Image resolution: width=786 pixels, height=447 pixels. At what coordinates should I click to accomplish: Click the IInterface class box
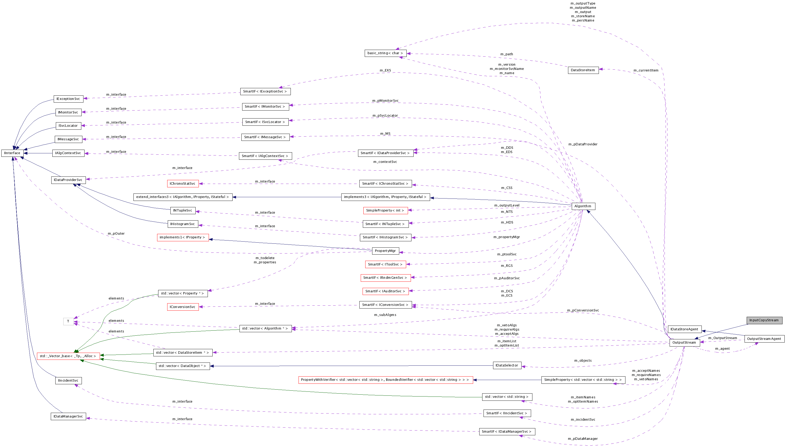[12, 153]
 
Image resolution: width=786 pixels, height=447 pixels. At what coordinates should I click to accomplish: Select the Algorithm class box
[583, 206]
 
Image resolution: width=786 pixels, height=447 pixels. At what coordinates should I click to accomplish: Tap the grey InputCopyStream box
[764, 320]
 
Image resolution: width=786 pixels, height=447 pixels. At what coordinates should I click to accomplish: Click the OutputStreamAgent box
[764, 339]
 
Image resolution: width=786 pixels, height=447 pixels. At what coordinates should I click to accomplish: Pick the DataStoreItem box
[583, 70]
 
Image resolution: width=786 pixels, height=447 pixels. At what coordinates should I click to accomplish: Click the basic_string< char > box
[385, 53]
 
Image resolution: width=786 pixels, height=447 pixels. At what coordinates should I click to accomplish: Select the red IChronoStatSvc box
[182, 184]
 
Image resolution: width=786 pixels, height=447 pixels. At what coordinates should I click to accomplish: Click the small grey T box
[68, 322]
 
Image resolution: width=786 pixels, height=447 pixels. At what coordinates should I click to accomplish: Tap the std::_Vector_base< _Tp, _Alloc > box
[68, 356]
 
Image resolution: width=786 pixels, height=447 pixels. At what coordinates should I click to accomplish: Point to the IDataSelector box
[507, 365]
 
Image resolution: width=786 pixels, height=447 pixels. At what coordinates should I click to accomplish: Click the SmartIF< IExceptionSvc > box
[265, 91]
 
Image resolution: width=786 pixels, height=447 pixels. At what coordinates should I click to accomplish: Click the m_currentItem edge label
[646, 70]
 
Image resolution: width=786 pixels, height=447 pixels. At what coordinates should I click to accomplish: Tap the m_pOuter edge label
[116, 234]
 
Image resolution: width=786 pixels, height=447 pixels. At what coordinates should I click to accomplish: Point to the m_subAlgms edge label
[385, 315]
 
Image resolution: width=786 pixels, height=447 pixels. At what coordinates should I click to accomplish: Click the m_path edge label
[506, 54]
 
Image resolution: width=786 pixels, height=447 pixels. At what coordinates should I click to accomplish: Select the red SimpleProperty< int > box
[385, 210]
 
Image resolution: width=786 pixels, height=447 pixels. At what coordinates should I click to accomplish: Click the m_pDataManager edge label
[582, 439]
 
